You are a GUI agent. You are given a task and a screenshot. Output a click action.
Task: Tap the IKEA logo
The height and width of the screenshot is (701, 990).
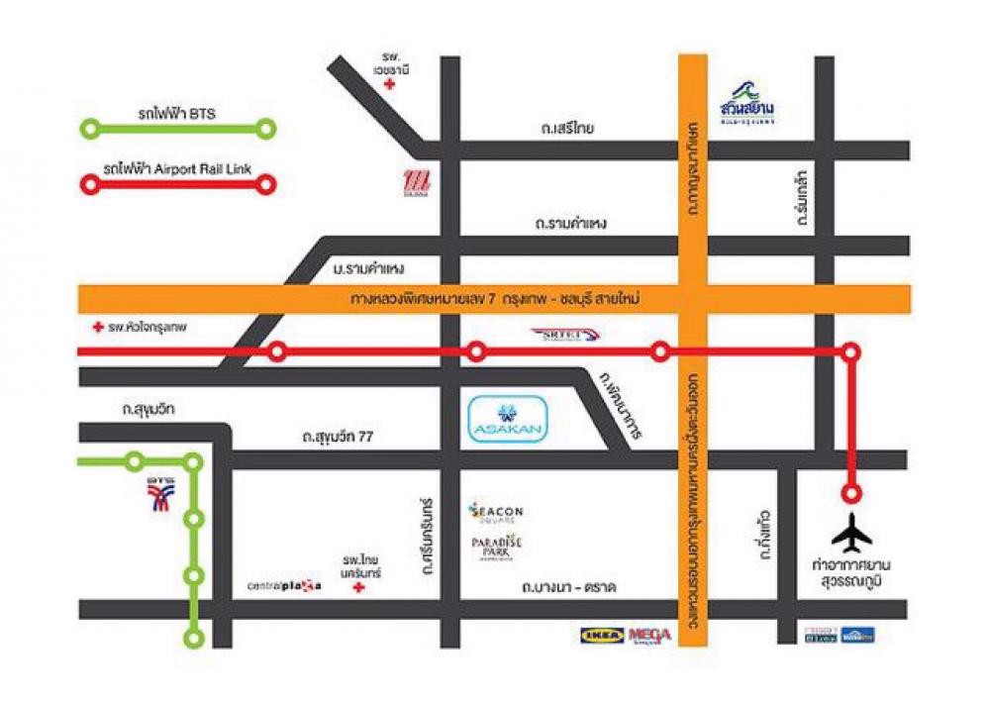[602, 635]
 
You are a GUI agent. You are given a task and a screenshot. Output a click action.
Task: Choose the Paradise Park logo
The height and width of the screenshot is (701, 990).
[496, 546]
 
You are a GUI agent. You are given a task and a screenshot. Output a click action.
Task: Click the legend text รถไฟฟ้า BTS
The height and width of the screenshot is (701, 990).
[178, 114]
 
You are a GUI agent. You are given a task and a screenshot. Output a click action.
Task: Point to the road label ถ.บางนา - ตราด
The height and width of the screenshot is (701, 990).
[568, 588]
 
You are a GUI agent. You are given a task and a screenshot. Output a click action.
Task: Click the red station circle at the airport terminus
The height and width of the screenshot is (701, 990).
[850, 492]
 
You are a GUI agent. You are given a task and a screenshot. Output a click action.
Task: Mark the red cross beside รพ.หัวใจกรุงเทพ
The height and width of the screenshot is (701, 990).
[96, 326]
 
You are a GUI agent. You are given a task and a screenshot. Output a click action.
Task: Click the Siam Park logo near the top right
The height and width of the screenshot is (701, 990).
[747, 103]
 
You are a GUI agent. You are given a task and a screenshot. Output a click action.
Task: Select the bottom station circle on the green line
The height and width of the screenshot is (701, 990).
[196, 638]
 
